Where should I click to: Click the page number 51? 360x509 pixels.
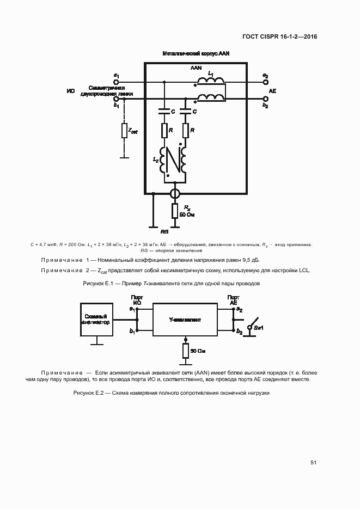(x=313, y=463)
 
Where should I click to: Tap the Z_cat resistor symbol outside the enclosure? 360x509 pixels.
(x=124, y=131)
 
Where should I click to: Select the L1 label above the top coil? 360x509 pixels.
(x=211, y=73)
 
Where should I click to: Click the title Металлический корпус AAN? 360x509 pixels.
(x=196, y=54)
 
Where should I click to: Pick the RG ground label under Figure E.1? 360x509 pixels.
(x=164, y=231)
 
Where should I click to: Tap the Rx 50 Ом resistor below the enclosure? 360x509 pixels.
(x=175, y=211)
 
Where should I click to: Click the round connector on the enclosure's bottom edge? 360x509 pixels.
(x=175, y=193)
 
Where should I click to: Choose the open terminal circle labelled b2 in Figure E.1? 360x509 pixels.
(x=265, y=99)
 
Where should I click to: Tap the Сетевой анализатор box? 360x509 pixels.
(x=96, y=320)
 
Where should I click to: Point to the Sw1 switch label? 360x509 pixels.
(x=258, y=328)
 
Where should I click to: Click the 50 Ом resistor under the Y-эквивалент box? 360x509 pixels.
(x=185, y=351)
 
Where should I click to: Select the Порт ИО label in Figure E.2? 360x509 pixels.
(x=137, y=300)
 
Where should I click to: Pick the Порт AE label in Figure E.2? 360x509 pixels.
(x=233, y=300)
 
